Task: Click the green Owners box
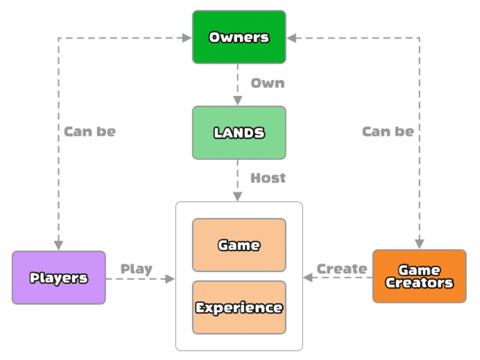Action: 239,37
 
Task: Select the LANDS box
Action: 239,133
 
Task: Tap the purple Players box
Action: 59,277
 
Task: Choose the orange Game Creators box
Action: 419,276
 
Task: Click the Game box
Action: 239,245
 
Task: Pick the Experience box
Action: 239,307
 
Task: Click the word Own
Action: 267,83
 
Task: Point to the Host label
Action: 268,178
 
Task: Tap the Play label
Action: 137,269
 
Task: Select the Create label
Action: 341,269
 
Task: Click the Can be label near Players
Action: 90,132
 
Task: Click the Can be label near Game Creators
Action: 387,132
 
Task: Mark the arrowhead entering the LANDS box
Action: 238,101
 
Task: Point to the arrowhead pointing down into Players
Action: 58,245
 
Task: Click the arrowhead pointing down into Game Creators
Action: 419,244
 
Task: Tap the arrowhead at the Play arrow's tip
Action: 170,278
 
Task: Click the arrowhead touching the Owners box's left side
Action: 187,38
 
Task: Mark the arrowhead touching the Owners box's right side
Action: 291,38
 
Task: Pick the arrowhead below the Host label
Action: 238,196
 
